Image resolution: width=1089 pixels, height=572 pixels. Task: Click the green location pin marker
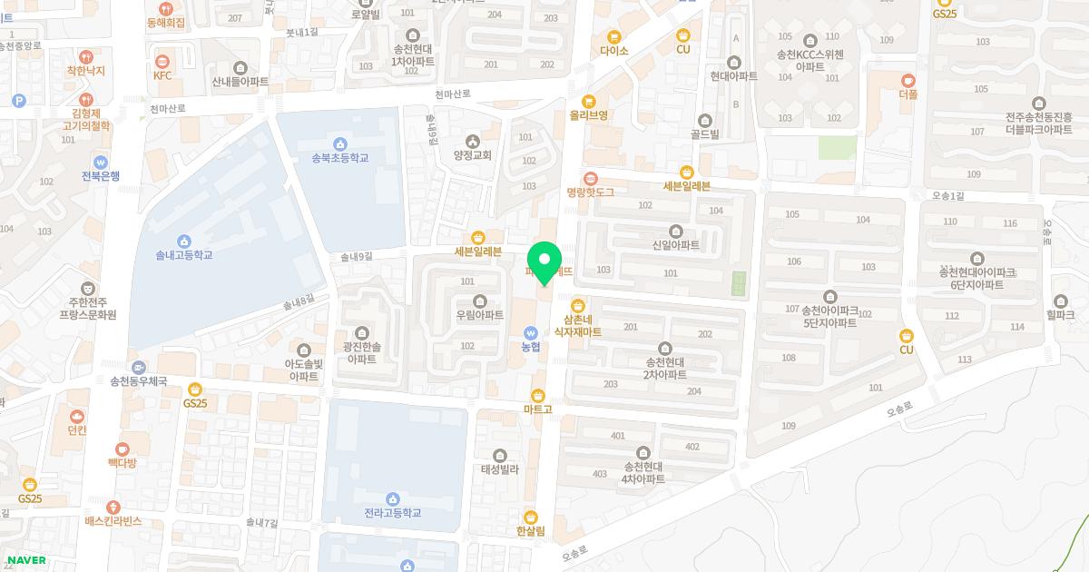click(x=544, y=262)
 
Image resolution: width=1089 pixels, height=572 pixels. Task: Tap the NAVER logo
click(x=26, y=560)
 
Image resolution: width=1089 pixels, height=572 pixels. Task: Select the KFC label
click(x=162, y=75)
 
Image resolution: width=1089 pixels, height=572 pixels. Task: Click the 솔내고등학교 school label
click(x=184, y=255)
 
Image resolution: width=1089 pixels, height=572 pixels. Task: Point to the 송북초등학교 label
click(x=340, y=158)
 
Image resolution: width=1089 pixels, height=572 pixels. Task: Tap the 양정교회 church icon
click(x=472, y=141)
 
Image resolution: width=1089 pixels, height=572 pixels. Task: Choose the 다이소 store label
click(x=614, y=51)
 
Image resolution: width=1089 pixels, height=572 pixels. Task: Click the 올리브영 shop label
click(x=588, y=115)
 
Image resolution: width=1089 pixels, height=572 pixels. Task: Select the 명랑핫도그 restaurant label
click(x=591, y=192)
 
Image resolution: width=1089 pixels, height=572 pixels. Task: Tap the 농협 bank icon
click(x=531, y=331)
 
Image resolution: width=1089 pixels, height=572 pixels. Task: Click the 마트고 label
click(x=538, y=409)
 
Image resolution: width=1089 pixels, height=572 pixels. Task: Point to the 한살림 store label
click(x=530, y=531)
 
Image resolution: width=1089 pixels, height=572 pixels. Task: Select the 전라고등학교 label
click(x=392, y=513)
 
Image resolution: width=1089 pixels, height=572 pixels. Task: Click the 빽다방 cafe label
click(x=122, y=463)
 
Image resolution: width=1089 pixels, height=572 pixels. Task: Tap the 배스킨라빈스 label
click(x=113, y=521)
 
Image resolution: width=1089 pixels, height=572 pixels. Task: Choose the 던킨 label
click(x=77, y=430)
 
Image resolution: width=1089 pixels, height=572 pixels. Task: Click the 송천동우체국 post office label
click(x=138, y=381)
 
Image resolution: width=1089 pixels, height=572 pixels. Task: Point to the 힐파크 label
click(x=1060, y=315)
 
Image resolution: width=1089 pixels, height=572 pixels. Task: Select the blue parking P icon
click(x=19, y=101)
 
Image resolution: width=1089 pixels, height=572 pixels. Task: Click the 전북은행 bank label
click(x=101, y=176)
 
